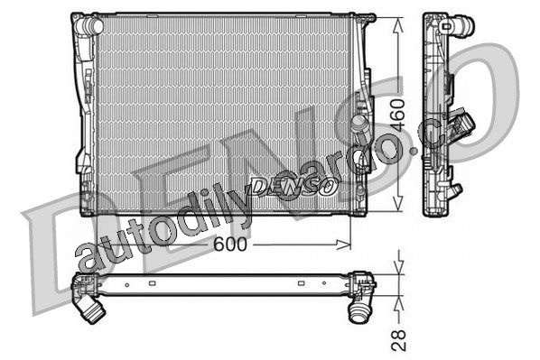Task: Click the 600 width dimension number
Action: coord(230,245)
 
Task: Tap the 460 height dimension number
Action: coord(398,115)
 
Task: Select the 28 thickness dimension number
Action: coord(399,340)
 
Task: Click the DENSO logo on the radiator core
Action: coord(293,187)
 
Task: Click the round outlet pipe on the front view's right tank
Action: coord(359,124)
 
